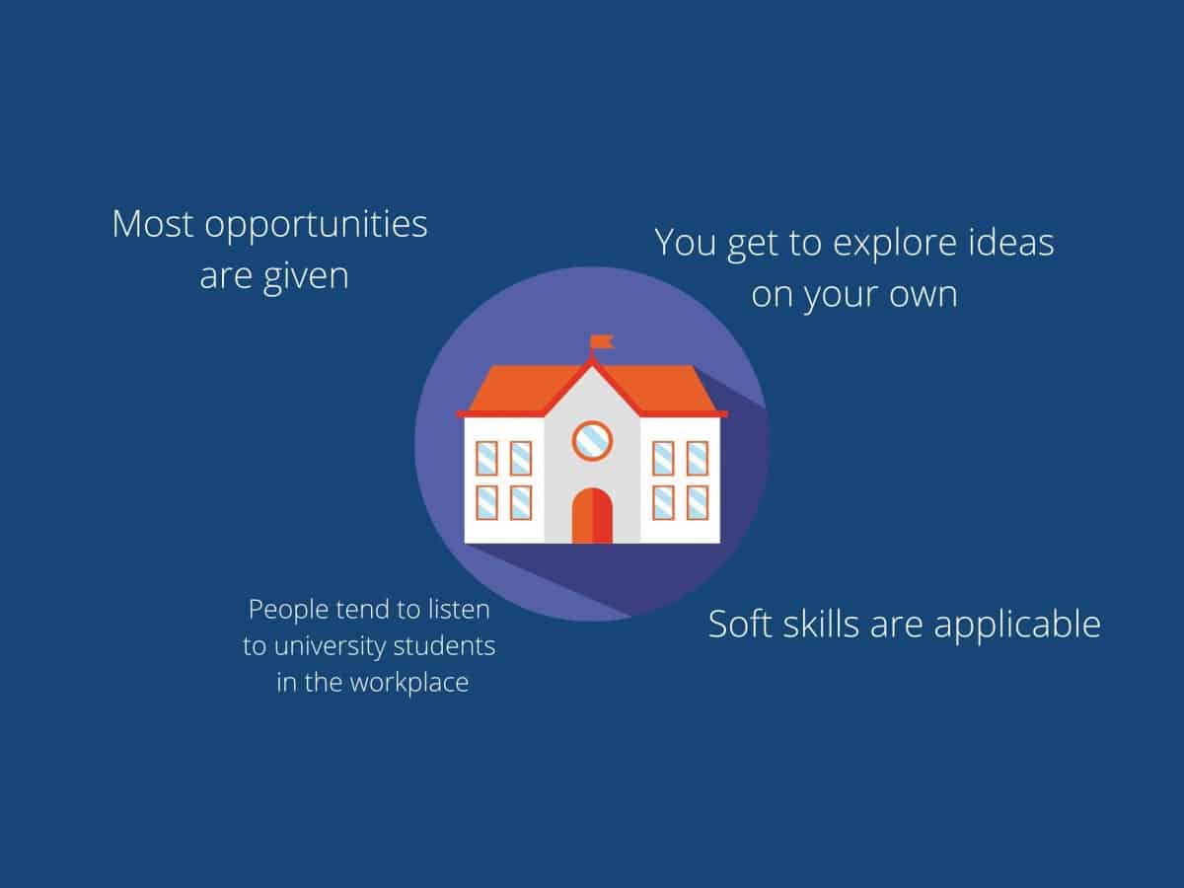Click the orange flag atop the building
pyautogui.click(x=602, y=341)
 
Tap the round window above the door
pyautogui.click(x=592, y=441)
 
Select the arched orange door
pyautogui.click(x=592, y=515)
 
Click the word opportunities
pyautogui.click(x=316, y=226)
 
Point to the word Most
pyautogui.click(x=153, y=224)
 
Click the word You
pyautogui.click(x=686, y=242)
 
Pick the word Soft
pyautogui.click(x=738, y=624)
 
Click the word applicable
pyautogui.click(x=1017, y=626)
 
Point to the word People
pyautogui.click(x=288, y=611)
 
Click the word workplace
pyautogui.click(x=409, y=684)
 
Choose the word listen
pyautogui.click(x=459, y=610)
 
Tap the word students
pyautogui.click(x=444, y=646)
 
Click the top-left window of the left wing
pyautogui.click(x=486, y=458)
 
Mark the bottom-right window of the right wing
pyautogui.click(x=697, y=503)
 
